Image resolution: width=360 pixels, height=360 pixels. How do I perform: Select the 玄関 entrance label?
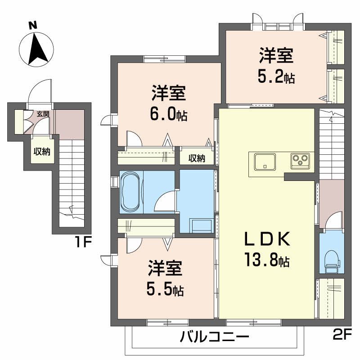point(43,115)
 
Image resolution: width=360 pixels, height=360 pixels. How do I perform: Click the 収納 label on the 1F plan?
point(42,152)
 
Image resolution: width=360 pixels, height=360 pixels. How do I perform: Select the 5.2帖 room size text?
point(276,78)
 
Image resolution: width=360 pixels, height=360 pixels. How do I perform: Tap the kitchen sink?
point(265,162)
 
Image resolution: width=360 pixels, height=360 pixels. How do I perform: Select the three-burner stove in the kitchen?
point(299,160)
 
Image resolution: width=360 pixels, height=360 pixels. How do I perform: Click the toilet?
point(332,260)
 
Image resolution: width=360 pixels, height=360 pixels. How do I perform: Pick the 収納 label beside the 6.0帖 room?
point(197,158)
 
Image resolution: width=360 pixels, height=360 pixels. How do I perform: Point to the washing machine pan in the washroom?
point(201,224)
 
